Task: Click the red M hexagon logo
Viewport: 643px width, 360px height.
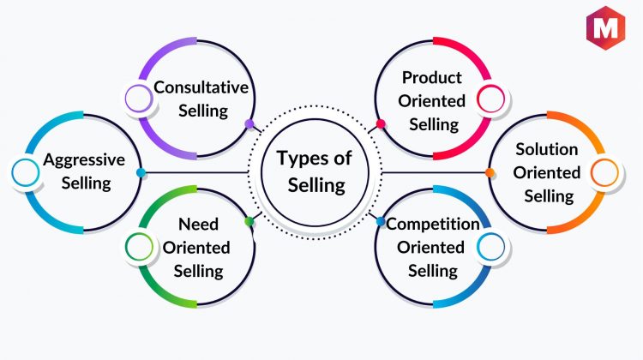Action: coord(605,28)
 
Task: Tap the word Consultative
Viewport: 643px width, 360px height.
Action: coord(201,87)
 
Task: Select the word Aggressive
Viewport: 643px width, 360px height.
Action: coord(84,160)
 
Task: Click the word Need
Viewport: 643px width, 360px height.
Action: coord(199,225)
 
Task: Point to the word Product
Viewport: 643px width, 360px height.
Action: coord(432,78)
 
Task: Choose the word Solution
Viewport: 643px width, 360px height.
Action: coord(547,150)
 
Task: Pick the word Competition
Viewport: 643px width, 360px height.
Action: coord(433,225)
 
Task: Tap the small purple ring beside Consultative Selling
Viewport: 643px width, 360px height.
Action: coord(139,99)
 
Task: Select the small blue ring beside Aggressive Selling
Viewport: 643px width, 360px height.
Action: coord(26,172)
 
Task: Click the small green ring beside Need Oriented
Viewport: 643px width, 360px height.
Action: coord(139,247)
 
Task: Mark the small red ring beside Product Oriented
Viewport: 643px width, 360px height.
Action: coord(491,99)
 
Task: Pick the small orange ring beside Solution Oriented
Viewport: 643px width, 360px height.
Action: coord(604,172)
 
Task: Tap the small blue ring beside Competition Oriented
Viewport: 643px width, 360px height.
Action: coord(491,247)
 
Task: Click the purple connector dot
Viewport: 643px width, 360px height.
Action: coord(249,123)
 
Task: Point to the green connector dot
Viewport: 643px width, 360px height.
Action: coord(249,222)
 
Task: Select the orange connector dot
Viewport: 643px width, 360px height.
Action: coord(490,172)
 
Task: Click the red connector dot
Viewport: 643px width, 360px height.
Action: coord(381,123)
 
